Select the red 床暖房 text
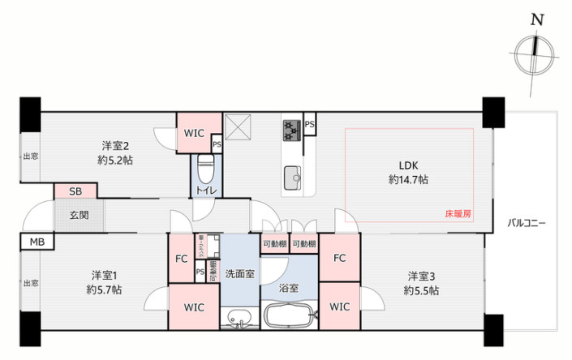[458, 214]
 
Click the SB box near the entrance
[75, 191]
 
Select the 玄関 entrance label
[79, 215]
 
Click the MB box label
[36, 242]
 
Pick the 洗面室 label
[239, 273]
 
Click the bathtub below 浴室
[289, 315]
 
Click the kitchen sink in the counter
[292, 175]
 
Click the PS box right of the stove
[310, 124]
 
